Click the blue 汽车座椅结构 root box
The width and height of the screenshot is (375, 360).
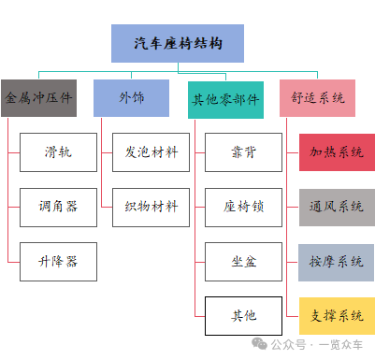[177, 43]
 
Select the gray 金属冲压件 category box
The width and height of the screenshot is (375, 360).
[38, 97]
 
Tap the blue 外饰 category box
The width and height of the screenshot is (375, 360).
[131, 97]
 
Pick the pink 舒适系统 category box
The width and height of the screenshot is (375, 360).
[317, 97]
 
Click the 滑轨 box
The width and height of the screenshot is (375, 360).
[58, 151]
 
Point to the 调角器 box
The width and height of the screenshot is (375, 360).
[58, 207]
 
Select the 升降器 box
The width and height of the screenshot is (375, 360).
[58, 261]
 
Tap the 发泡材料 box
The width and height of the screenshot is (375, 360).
[151, 151]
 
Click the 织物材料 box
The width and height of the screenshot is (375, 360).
[151, 207]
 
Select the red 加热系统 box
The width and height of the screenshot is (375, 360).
[336, 151]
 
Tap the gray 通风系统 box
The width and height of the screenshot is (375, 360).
[336, 207]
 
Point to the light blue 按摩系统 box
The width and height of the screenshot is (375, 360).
[336, 261]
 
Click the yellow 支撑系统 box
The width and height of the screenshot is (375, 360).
[336, 315]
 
